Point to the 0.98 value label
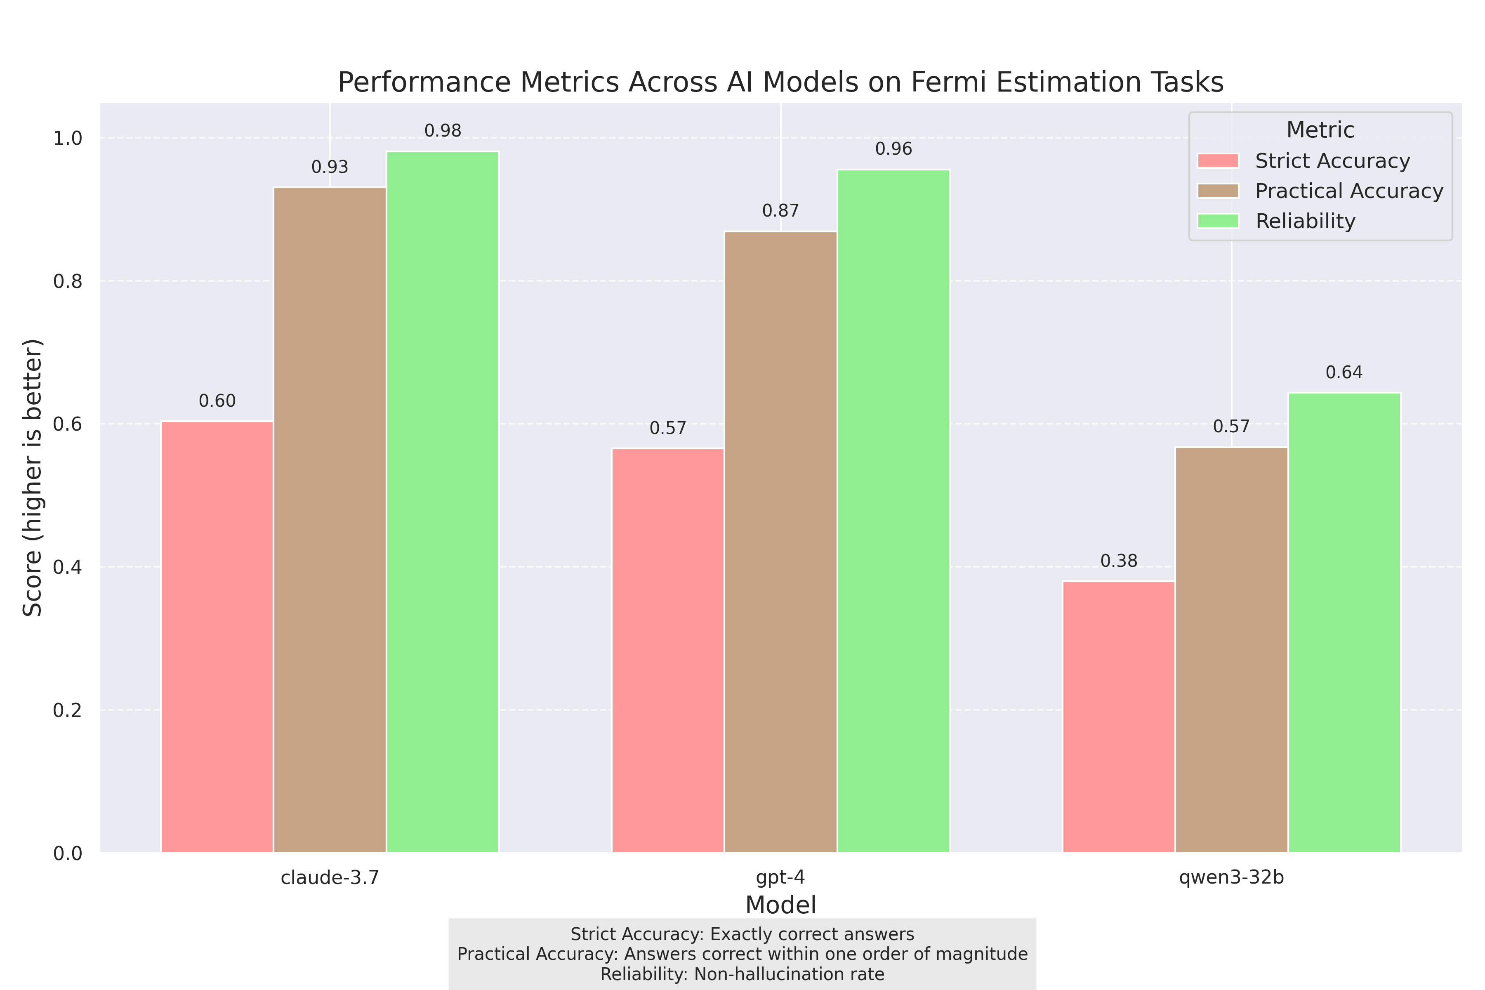click(x=443, y=131)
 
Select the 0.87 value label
click(x=780, y=211)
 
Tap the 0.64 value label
click(x=1344, y=372)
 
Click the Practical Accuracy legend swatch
click(x=1218, y=191)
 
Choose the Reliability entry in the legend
click(x=1305, y=221)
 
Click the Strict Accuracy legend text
click(x=1332, y=161)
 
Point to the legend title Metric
click(x=1320, y=130)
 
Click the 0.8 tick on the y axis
click(x=68, y=281)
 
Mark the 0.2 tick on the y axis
click(x=68, y=710)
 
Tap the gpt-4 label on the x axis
click(x=780, y=878)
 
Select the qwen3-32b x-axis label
click(x=1231, y=878)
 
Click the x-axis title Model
click(x=780, y=905)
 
